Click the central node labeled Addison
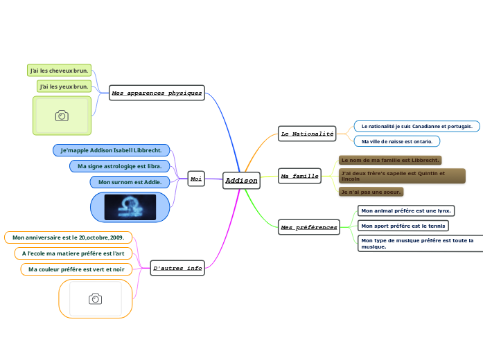(x=241, y=181)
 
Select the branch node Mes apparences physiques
(x=157, y=93)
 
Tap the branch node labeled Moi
(x=196, y=179)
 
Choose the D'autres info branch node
(x=177, y=267)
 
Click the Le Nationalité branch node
(x=306, y=133)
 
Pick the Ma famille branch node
(x=299, y=176)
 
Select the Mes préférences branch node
(x=308, y=226)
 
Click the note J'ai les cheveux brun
(x=59, y=71)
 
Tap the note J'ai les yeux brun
(x=64, y=87)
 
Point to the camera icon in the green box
(x=62, y=116)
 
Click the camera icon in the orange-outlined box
(x=95, y=298)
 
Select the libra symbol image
(x=130, y=207)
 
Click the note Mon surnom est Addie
(x=130, y=182)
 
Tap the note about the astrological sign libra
(x=120, y=166)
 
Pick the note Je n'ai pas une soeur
(x=371, y=192)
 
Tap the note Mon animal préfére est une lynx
(x=406, y=210)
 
